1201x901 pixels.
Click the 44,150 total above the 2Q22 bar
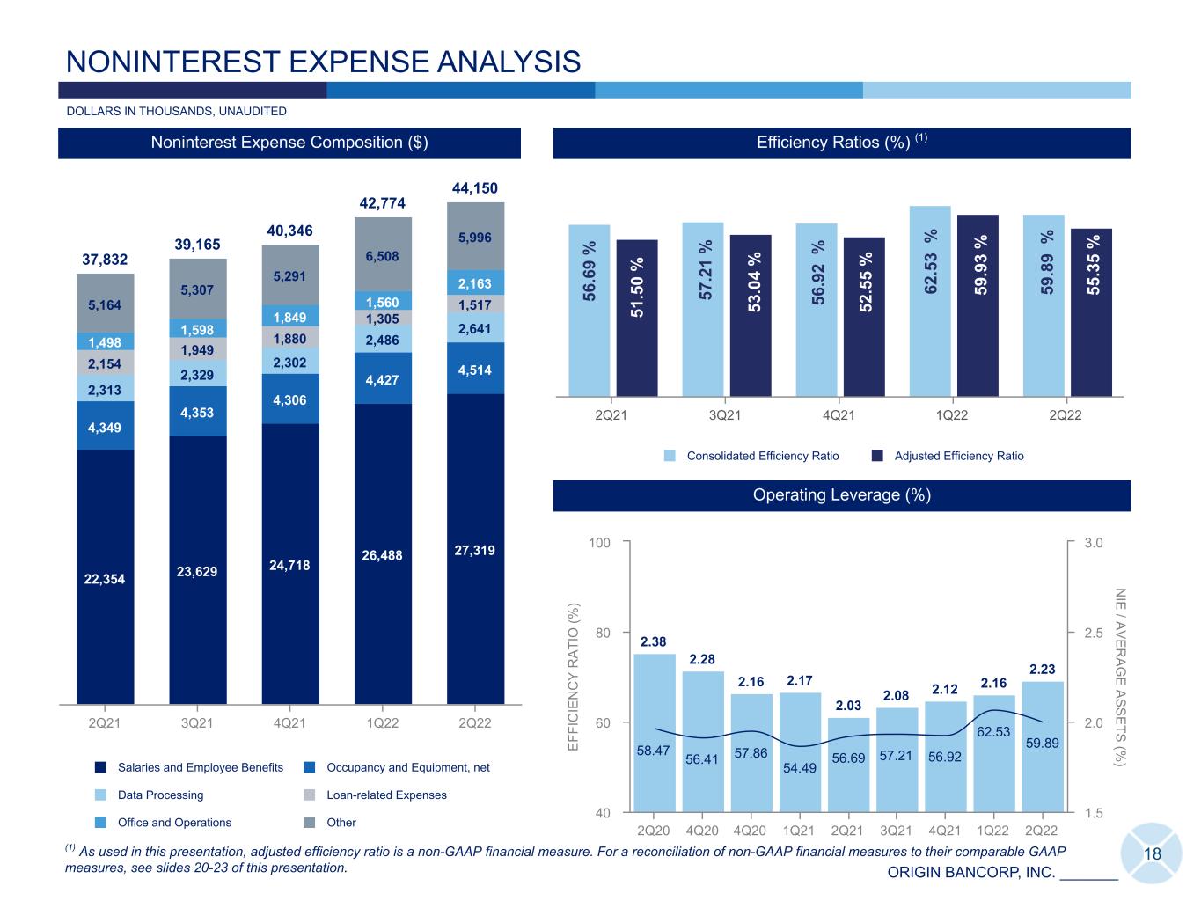(x=474, y=188)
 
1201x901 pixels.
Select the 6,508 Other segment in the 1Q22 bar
(x=383, y=254)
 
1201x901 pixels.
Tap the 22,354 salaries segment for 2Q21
(x=105, y=577)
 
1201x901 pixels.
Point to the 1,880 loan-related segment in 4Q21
(x=290, y=339)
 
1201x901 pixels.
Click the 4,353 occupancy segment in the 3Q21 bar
(x=197, y=412)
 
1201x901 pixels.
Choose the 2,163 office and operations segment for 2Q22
(x=475, y=282)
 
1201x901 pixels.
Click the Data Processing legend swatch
(x=100, y=795)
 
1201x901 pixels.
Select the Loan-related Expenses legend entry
(x=376, y=795)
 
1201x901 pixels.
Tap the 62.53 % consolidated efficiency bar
(x=930, y=302)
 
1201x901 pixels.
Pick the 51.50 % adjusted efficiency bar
(x=637, y=319)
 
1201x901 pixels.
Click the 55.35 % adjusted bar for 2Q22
(x=1091, y=313)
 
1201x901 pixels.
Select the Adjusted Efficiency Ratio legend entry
(x=948, y=456)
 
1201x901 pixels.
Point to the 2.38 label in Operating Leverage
(x=654, y=641)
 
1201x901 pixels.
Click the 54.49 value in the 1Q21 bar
(x=800, y=768)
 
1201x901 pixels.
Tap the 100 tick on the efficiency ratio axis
(x=599, y=543)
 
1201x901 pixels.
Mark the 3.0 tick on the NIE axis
(x=1093, y=543)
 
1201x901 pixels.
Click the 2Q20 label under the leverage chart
(x=654, y=831)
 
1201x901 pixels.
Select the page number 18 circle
(x=1152, y=853)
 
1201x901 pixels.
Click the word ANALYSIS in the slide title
(x=509, y=62)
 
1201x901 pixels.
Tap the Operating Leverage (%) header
(x=841, y=495)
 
